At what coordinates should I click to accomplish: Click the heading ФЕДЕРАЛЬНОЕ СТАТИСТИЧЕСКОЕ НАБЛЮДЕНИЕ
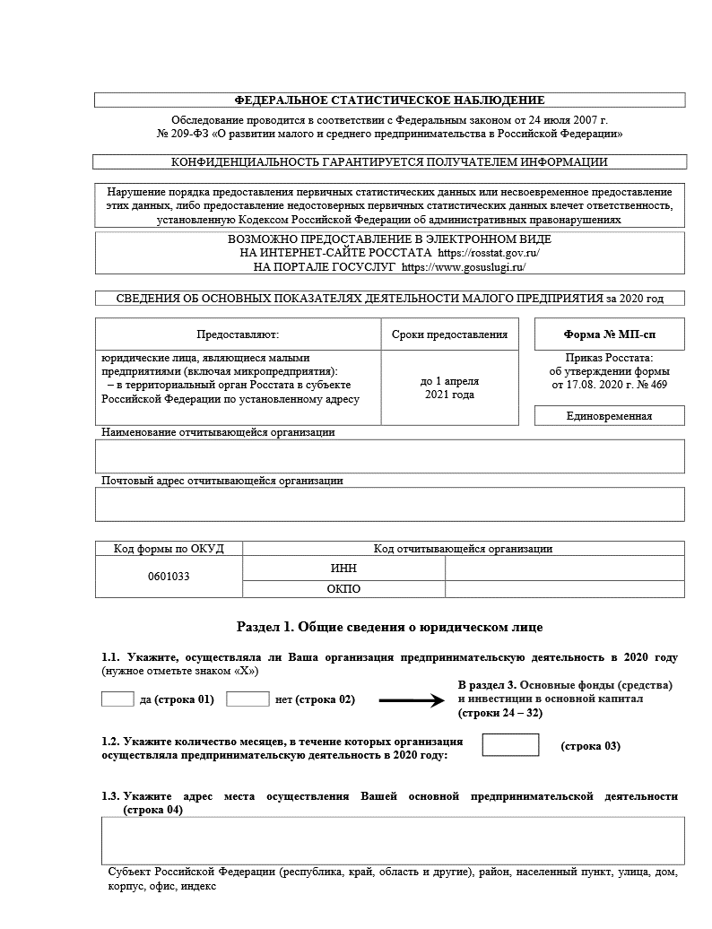click(389, 100)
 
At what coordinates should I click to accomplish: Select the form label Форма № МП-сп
click(609, 334)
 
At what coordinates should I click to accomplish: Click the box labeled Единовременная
click(609, 416)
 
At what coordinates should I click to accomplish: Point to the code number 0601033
click(169, 577)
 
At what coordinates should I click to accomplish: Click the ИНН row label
click(344, 569)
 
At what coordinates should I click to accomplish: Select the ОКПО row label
click(344, 589)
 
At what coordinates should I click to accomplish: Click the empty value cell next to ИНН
click(564, 569)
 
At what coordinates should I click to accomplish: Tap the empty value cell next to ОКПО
click(564, 589)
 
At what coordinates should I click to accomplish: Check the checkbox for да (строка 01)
click(117, 699)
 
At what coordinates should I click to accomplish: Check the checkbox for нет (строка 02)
click(247, 699)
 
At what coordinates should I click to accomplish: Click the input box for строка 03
click(510, 745)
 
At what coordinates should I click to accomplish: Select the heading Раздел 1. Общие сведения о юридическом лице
click(389, 627)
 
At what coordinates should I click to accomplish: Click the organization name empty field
click(389, 456)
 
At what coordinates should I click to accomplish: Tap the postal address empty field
click(389, 504)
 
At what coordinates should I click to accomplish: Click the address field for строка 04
click(393, 840)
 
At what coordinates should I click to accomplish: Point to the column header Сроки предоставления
click(450, 334)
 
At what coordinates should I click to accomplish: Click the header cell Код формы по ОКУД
click(169, 549)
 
